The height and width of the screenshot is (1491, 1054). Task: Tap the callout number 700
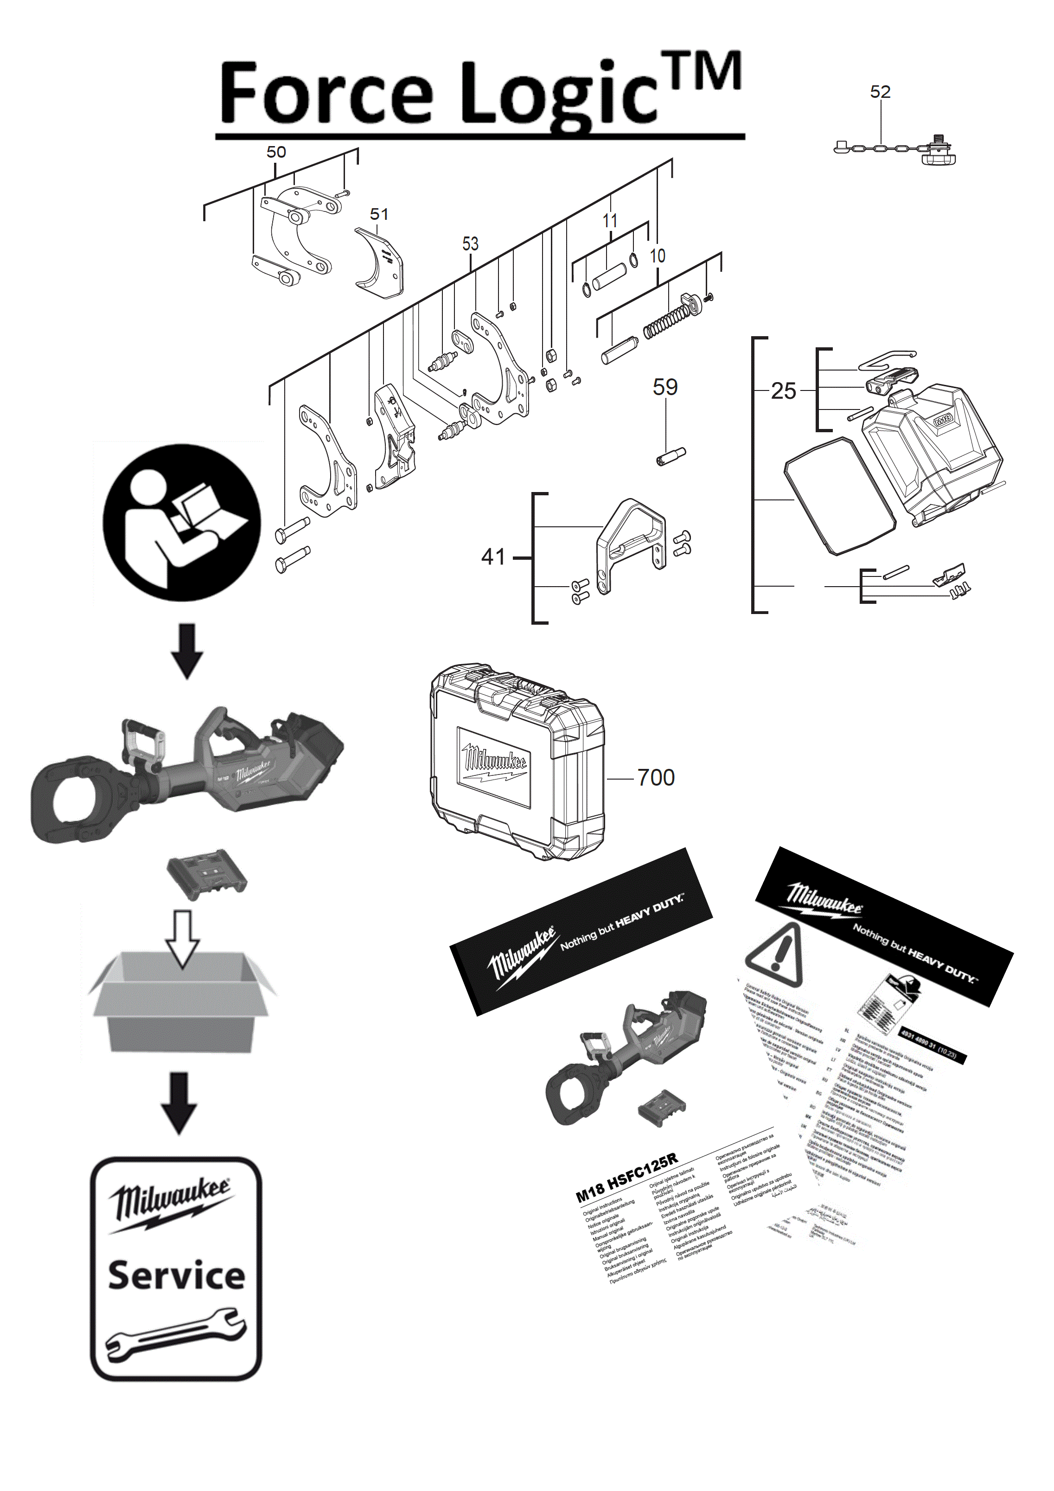click(655, 777)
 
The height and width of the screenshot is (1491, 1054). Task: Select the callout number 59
click(664, 388)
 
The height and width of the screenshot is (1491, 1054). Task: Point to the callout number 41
click(493, 557)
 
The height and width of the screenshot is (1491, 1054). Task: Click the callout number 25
click(783, 391)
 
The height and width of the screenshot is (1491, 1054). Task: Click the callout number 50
click(276, 152)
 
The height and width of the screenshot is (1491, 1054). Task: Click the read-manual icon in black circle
click(182, 523)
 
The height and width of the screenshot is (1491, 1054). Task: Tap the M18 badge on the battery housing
click(942, 420)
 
